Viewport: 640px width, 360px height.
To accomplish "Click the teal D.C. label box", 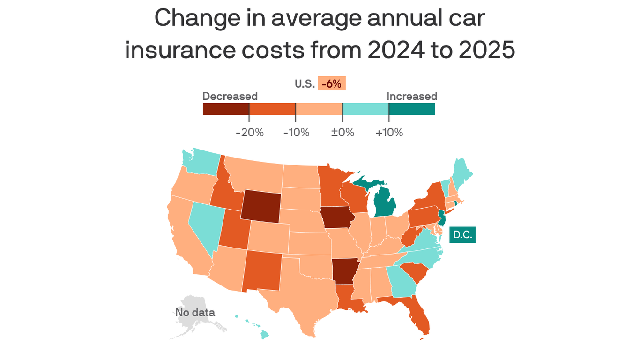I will tap(462, 235).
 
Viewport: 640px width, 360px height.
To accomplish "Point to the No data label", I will tap(195, 312).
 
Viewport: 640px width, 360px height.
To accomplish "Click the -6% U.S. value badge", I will tap(332, 84).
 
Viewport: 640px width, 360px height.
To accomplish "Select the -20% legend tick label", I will tap(250, 133).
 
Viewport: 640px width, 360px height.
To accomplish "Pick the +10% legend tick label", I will tap(389, 133).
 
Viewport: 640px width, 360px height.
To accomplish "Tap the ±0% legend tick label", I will tap(342, 133).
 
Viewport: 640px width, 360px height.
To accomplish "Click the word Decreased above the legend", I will tap(230, 96).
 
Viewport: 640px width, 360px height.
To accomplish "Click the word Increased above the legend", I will tap(411, 96).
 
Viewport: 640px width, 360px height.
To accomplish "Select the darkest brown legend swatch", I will tap(226, 109).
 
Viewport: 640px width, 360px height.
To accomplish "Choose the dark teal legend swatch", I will tap(412, 109).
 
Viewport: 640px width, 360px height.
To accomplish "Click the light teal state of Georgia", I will tap(402, 281).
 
